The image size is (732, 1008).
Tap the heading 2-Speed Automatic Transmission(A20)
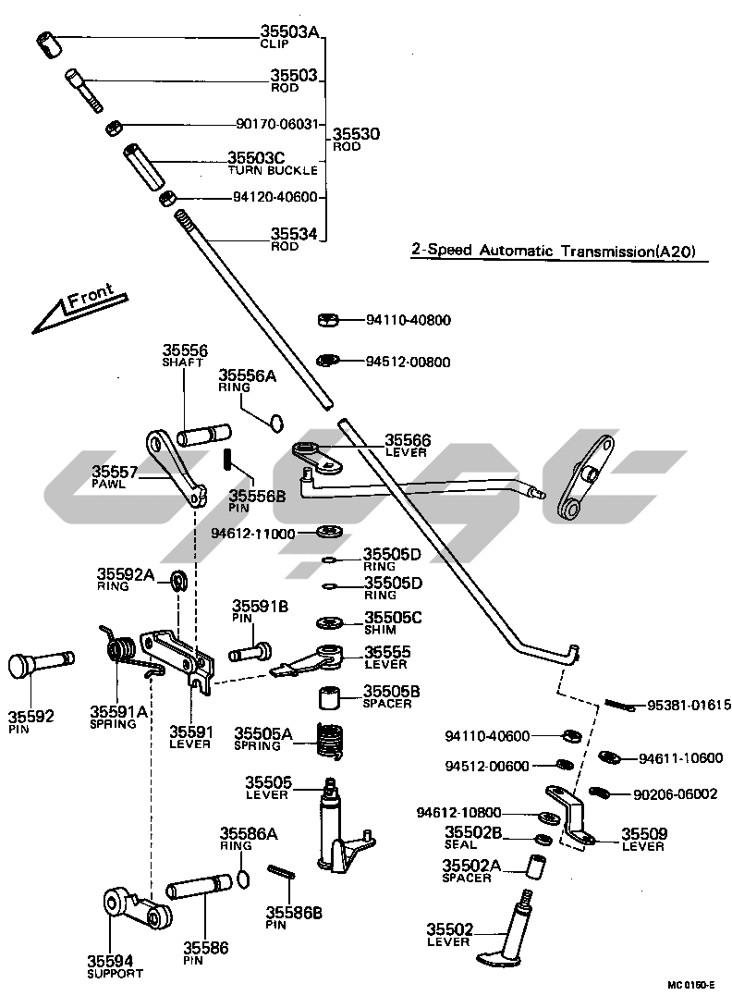(x=553, y=252)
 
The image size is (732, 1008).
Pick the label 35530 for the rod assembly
(x=356, y=134)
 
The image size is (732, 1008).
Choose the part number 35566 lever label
(x=408, y=441)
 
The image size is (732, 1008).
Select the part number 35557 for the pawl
(x=115, y=472)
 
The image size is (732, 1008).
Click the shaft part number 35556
(x=186, y=350)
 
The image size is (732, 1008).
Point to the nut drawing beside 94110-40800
(x=326, y=320)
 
